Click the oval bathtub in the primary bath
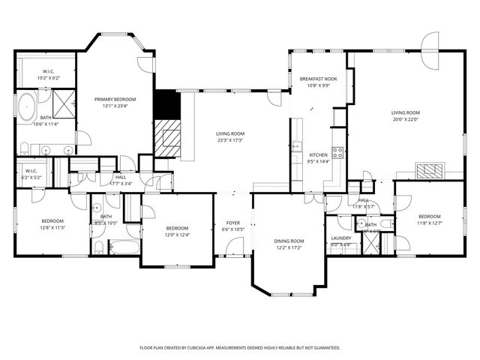[27, 107]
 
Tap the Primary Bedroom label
[115, 99]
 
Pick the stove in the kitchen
[338, 153]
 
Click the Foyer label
[232, 223]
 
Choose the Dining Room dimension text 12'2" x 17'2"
[289, 247]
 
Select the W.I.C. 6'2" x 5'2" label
[31, 177]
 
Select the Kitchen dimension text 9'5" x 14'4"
[319, 161]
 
